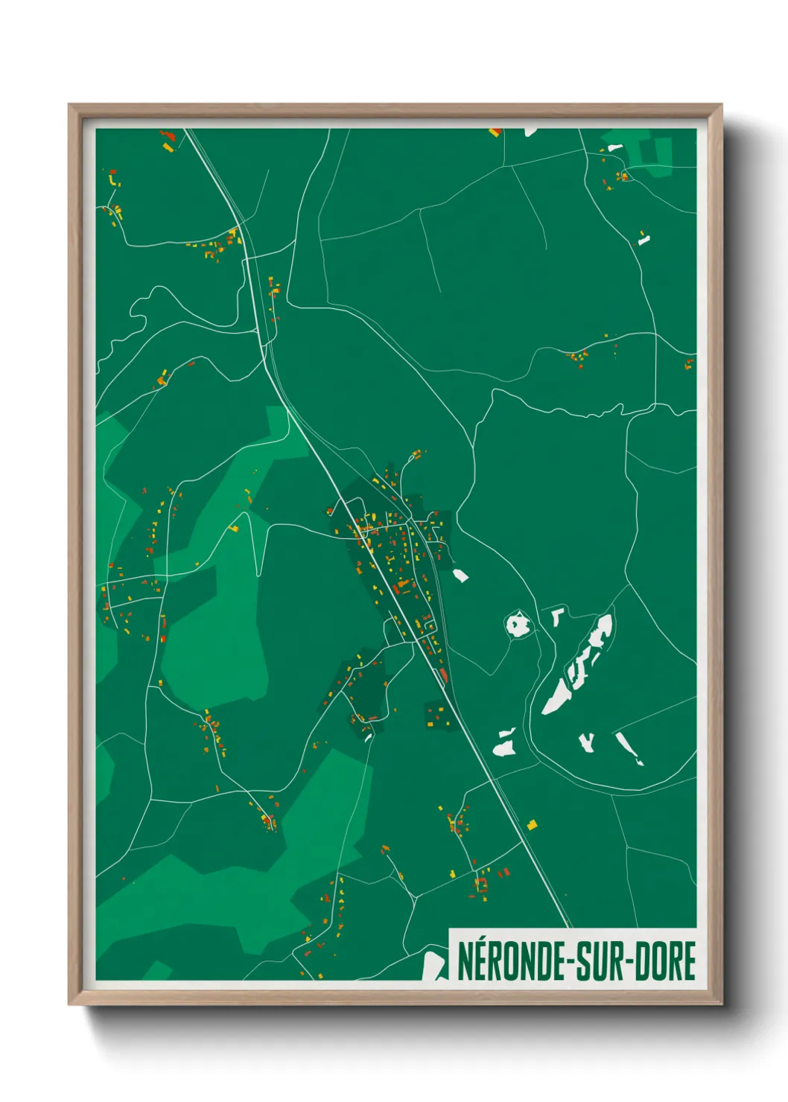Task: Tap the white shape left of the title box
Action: pos(432,965)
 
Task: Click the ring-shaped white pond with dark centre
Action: pos(517,624)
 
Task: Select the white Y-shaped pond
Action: pos(588,742)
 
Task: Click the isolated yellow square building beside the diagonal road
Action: pos(532,824)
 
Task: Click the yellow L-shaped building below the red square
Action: pos(113,179)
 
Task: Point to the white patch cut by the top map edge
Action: pos(530,132)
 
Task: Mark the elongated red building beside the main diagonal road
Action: pos(444,675)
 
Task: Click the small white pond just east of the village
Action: pos(460,575)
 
